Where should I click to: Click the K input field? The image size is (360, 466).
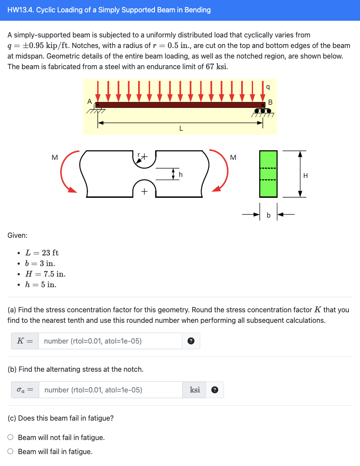coord(110,341)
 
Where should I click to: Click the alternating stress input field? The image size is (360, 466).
coord(110,390)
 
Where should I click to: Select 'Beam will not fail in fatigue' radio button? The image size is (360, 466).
coord(11,437)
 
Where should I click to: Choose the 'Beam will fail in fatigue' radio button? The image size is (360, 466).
coord(11,451)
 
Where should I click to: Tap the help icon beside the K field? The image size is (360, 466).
coord(191,341)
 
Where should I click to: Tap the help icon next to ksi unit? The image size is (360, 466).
coord(214,390)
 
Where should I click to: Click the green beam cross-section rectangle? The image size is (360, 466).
coord(268,174)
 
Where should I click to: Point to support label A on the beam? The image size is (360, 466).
coord(90,101)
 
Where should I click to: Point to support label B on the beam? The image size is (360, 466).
coord(270,102)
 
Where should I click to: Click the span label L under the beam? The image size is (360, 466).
coord(181,129)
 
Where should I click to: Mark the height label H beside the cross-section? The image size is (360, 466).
coord(306,175)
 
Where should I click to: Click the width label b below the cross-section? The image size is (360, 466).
coord(269,215)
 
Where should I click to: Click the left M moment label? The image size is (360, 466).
coord(55,157)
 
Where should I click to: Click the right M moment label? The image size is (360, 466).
coord(233,157)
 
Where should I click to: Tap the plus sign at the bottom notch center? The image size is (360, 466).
coord(144,192)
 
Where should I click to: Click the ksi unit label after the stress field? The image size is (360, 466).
coord(195,390)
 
